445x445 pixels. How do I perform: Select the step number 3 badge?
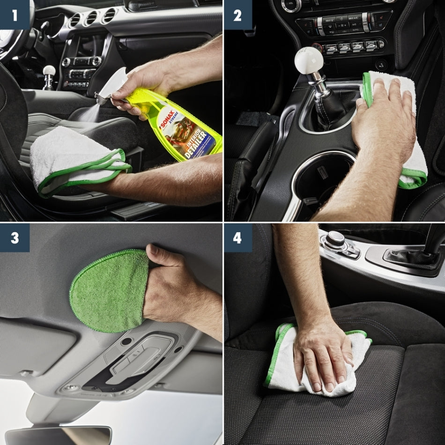pos(15,237)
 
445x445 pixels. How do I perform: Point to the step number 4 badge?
pos(237,237)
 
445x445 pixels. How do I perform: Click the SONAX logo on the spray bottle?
pos(170,120)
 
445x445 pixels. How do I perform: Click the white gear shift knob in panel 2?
pos(309,60)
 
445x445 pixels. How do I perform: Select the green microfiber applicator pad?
pos(109,290)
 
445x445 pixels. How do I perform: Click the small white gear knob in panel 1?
pos(49,71)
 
